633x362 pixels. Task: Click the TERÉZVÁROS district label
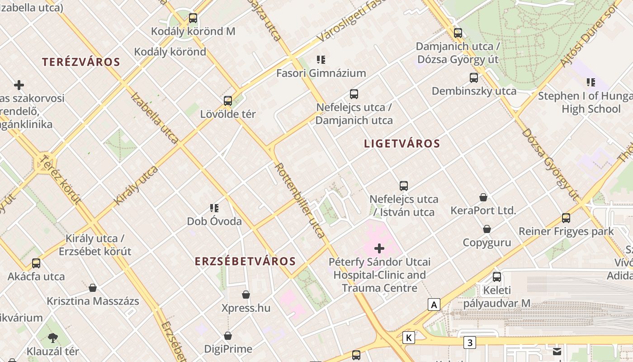(x=81, y=62)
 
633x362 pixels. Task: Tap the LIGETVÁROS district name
(x=402, y=144)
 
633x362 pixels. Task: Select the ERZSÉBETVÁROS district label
(x=246, y=261)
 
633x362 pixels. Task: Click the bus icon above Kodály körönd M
(x=193, y=18)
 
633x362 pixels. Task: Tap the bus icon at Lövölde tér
(x=228, y=100)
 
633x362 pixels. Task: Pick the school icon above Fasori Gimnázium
(x=321, y=59)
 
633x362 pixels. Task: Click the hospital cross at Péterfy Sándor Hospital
(x=379, y=248)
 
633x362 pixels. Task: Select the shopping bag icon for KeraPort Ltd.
(x=483, y=197)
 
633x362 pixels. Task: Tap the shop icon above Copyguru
(x=487, y=229)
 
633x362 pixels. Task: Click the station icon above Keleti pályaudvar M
(x=497, y=276)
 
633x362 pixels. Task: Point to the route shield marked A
(x=434, y=305)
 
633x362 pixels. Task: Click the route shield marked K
(x=409, y=337)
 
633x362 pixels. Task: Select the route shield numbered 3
(x=470, y=343)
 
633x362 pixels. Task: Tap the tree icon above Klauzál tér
(x=53, y=337)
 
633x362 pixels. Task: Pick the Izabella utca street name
(x=154, y=118)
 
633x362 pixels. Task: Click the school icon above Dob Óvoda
(x=214, y=208)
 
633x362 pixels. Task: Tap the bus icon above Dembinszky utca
(x=474, y=77)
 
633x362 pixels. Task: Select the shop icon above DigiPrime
(x=228, y=336)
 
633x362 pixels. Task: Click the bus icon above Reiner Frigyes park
(x=566, y=218)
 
